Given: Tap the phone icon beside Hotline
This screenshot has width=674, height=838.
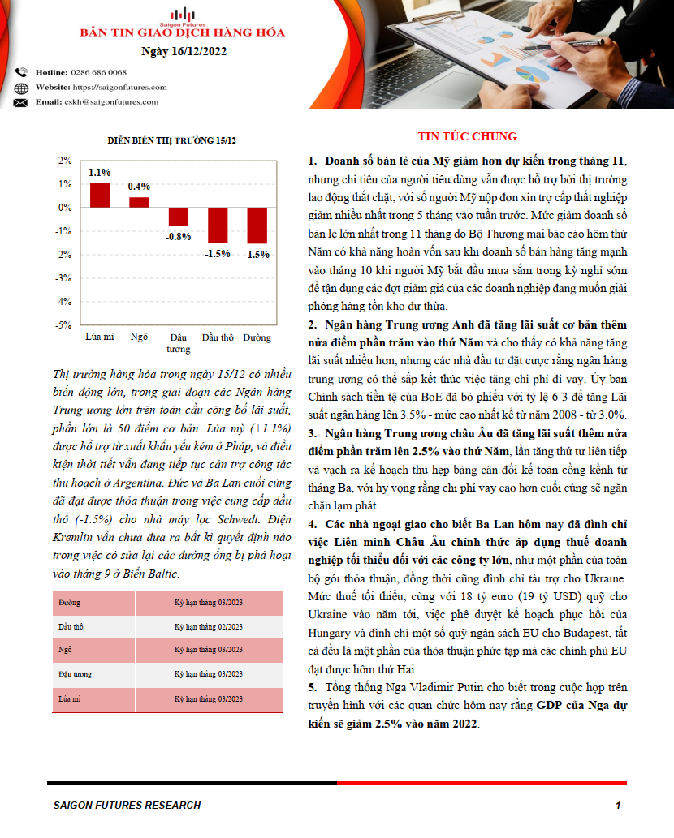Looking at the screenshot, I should [x=21, y=72].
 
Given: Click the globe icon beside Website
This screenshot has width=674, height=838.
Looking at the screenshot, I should [x=21, y=88].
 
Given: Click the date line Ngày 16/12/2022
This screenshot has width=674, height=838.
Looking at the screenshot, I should [x=184, y=52].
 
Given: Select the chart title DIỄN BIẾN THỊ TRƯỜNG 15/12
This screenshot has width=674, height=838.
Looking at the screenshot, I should [x=172, y=141].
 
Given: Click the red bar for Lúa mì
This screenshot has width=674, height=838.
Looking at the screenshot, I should [x=100, y=196].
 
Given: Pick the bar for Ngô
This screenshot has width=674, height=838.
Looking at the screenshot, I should [x=140, y=203].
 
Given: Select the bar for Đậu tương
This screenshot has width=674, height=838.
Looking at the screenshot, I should [x=179, y=217].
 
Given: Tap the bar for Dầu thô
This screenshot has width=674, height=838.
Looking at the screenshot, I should [x=218, y=225].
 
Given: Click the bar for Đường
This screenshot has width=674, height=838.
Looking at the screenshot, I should [x=257, y=225].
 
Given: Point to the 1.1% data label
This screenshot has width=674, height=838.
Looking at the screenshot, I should [x=100, y=173].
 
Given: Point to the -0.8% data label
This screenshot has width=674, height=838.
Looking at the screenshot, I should [x=179, y=237].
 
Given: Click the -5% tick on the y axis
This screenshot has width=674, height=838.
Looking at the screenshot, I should [x=66, y=325].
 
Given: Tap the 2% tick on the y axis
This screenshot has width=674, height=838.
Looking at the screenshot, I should [x=66, y=161].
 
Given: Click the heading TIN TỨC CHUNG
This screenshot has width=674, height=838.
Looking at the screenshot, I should [x=467, y=136].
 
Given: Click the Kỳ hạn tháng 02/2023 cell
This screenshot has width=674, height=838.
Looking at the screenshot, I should [x=209, y=627].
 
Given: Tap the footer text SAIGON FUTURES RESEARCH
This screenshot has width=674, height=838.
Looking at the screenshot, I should [x=127, y=806].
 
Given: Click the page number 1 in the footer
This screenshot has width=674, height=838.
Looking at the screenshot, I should [x=618, y=806].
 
